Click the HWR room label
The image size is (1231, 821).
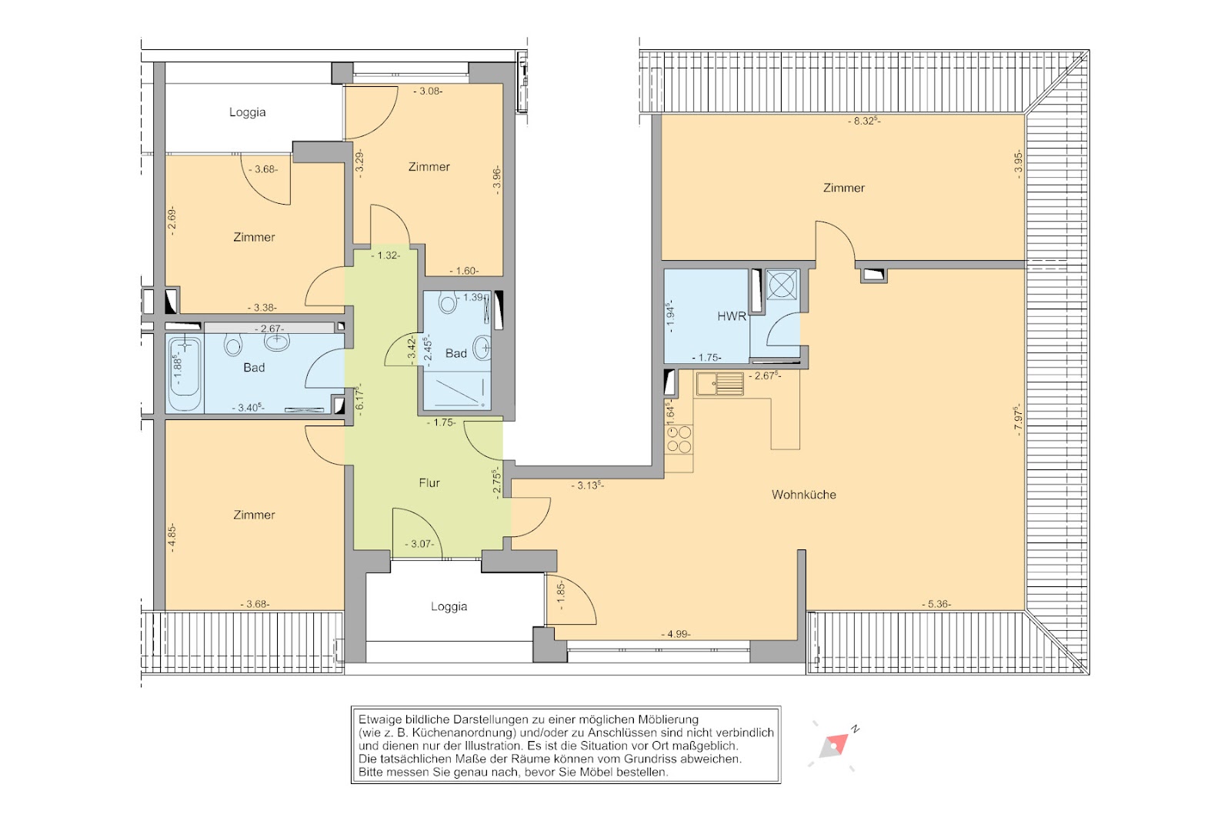(x=732, y=316)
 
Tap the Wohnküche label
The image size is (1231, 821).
(x=803, y=495)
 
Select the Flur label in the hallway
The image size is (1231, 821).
(x=429, y=482)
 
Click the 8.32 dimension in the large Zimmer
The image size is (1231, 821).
(x=864, y=121)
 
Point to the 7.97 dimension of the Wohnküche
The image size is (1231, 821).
(x=1018, y=420)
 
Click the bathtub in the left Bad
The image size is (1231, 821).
(x=185, y=375)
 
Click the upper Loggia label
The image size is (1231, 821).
(x=247, y=112)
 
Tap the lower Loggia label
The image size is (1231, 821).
(x=449, y=606)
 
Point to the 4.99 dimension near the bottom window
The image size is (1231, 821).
(x=676, y=633)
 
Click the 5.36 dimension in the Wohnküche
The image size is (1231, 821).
(x=936, y=604)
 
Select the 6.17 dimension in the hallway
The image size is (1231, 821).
(x=361, y=399)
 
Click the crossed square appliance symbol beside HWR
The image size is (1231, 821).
(x=782, y=284)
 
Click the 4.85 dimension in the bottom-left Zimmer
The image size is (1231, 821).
(x=172, y=538)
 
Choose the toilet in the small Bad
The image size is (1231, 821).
(x=448, y=303)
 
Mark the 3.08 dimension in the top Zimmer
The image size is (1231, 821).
(x=428, y=92)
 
